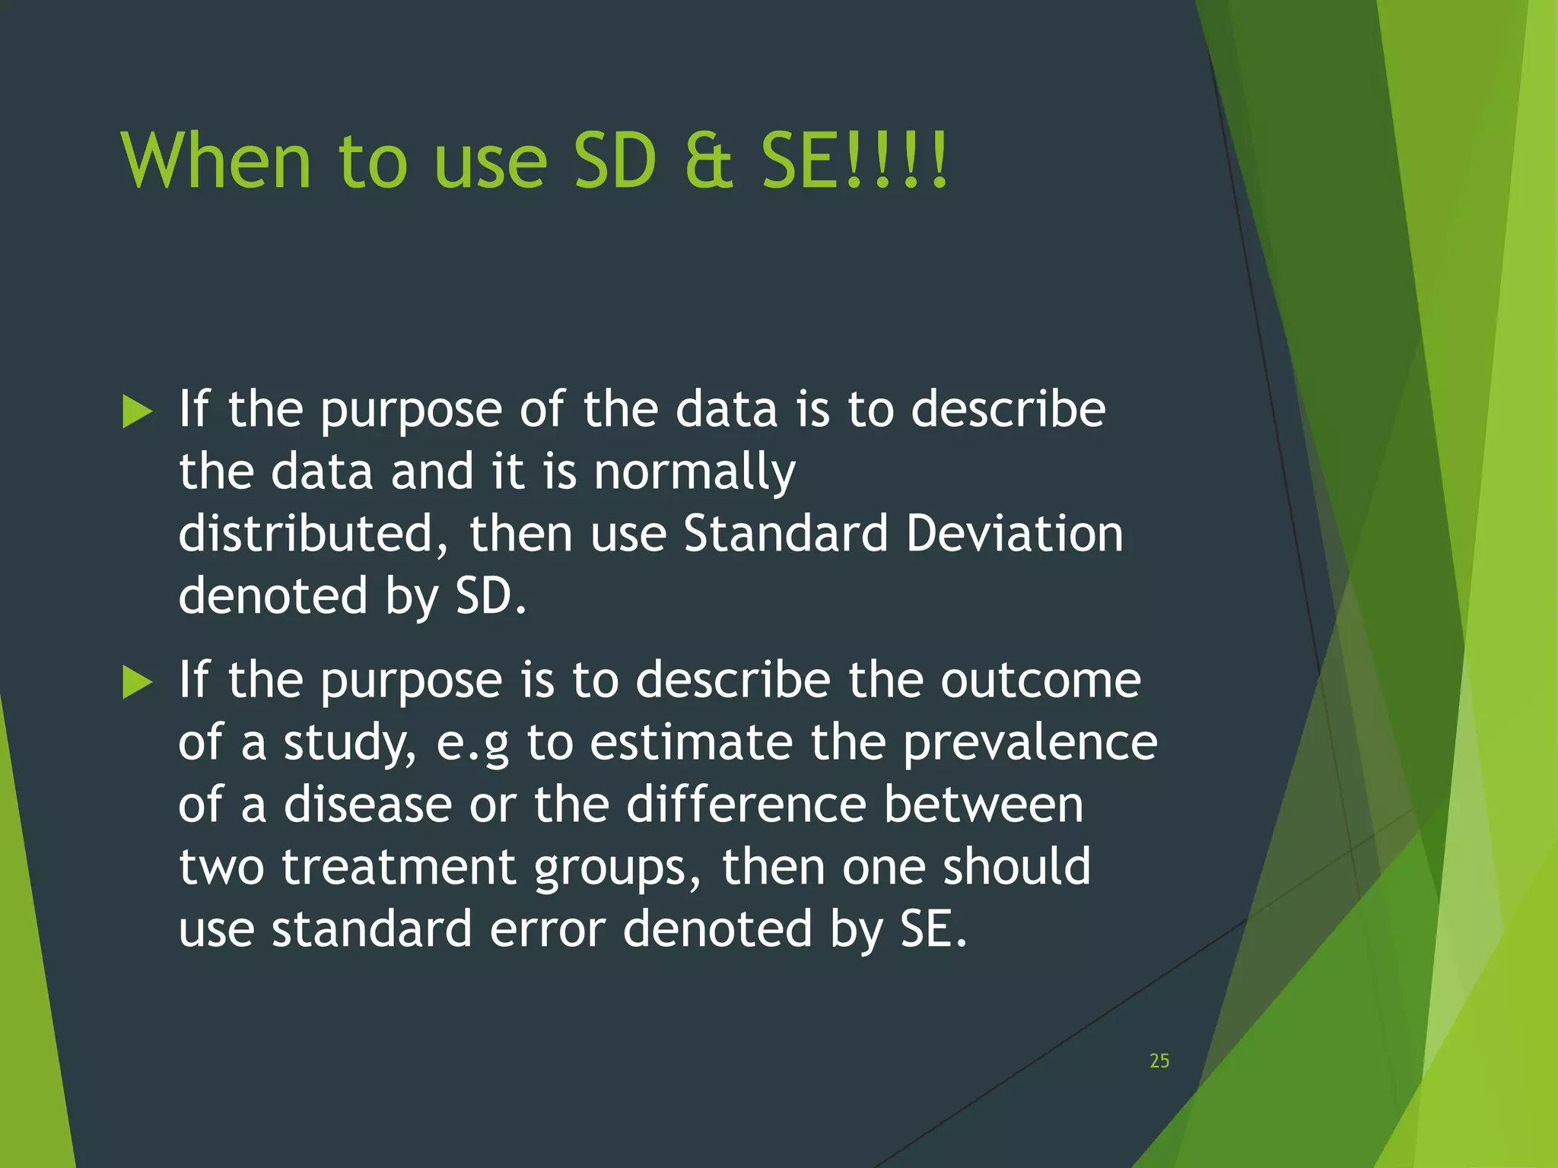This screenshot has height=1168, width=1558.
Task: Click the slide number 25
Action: tap(1159, 1061)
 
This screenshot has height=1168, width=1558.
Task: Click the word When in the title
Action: tap(216, 161)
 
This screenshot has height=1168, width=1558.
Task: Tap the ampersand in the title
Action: tap(708, 161)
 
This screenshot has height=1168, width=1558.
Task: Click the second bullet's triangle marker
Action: tap(137, 681)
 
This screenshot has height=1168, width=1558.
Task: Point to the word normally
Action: tap(694, 473)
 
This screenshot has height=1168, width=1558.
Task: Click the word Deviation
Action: tap(1014, 534)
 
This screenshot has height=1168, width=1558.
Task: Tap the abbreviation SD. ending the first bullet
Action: tap(491, 596)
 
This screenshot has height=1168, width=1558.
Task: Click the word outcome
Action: tap(1040, 680)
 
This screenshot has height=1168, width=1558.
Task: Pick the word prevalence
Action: tap(1030, 742)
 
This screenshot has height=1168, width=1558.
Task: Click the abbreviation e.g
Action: tap(472, 744)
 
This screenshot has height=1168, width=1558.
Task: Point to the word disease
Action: tap(367, 805)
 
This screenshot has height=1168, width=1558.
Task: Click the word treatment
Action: tap(399, 867)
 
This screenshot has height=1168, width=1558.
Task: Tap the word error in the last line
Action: tap(547, 929)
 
